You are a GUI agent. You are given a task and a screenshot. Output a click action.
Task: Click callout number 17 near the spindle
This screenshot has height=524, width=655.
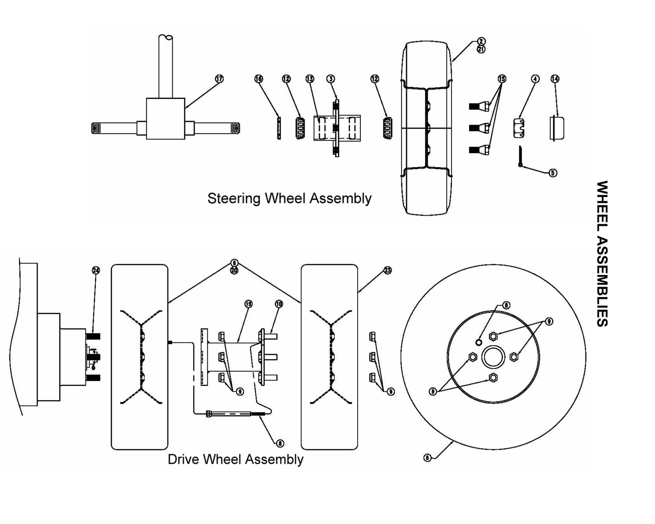point(219,79)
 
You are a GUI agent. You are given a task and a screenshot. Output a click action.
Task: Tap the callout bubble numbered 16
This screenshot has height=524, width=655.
point(258,79)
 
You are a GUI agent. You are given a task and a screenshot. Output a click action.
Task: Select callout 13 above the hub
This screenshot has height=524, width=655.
point(310,79)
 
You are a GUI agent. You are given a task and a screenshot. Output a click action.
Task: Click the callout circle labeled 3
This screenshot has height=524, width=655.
point(331,79)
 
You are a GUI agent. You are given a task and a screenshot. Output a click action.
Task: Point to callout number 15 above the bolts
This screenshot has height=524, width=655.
point(501,79)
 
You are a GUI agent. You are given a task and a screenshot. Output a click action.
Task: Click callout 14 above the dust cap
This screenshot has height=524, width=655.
point(555,79)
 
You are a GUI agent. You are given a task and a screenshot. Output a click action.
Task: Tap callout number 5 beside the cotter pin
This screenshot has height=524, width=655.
point(553,173)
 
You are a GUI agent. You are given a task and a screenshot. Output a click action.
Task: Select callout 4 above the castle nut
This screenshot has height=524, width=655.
point(535,79)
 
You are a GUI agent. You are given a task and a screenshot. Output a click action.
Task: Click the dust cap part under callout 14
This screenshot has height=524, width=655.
point(557,128)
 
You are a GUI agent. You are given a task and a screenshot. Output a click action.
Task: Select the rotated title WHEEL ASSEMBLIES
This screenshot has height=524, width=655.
point(602,254)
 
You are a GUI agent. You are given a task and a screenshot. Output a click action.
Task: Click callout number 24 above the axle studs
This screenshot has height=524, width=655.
point(96,270)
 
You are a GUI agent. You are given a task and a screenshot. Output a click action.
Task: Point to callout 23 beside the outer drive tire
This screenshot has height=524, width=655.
point(388,270)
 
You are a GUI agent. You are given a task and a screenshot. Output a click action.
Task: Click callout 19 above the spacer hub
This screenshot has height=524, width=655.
point(248,304)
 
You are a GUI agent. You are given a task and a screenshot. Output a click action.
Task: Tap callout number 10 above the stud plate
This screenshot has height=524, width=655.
point(279,304)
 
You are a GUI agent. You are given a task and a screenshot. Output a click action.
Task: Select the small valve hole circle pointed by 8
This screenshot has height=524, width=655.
point(480,341)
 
